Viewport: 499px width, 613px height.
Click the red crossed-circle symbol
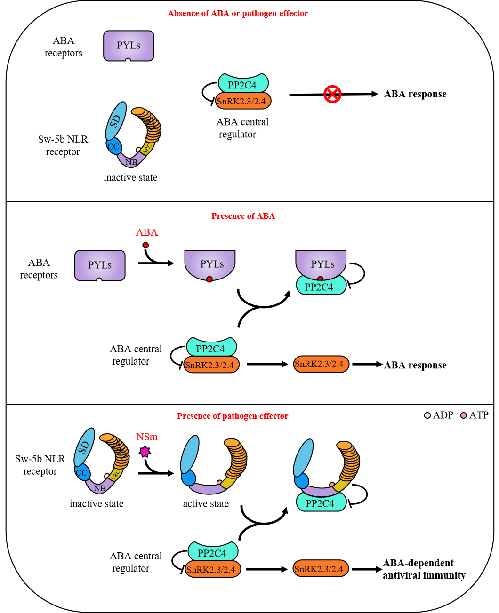coord(332,94)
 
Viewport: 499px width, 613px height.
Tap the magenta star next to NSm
coord(145,452)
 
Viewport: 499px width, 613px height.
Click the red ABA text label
coord(147,232)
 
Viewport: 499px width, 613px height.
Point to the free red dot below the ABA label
coord(145,245)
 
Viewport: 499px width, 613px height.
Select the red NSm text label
coord(147,437)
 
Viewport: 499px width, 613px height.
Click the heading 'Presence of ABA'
coord(243,216)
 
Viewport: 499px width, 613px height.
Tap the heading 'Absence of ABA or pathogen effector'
coord(238,14)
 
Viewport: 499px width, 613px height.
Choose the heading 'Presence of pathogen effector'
coord(233,416)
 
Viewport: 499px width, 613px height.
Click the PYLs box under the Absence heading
coord(129,46)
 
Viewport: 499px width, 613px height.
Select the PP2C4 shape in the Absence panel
coord(243,84)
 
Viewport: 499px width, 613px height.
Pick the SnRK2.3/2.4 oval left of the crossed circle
coord(243,101)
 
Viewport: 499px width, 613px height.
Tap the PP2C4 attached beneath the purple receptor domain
coord(321,503)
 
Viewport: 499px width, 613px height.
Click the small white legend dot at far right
coord(427,415)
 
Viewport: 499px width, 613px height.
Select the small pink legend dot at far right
coord(464,415)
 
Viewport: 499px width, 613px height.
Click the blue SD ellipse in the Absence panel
coord(116,121)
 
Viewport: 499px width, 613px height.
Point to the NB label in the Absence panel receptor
coord(131,162)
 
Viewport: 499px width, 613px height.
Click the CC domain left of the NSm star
coord(82,473)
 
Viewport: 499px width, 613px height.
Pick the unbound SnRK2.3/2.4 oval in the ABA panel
coord(321,364)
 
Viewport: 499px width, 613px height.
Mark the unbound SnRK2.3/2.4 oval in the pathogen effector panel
coord(321,569)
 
